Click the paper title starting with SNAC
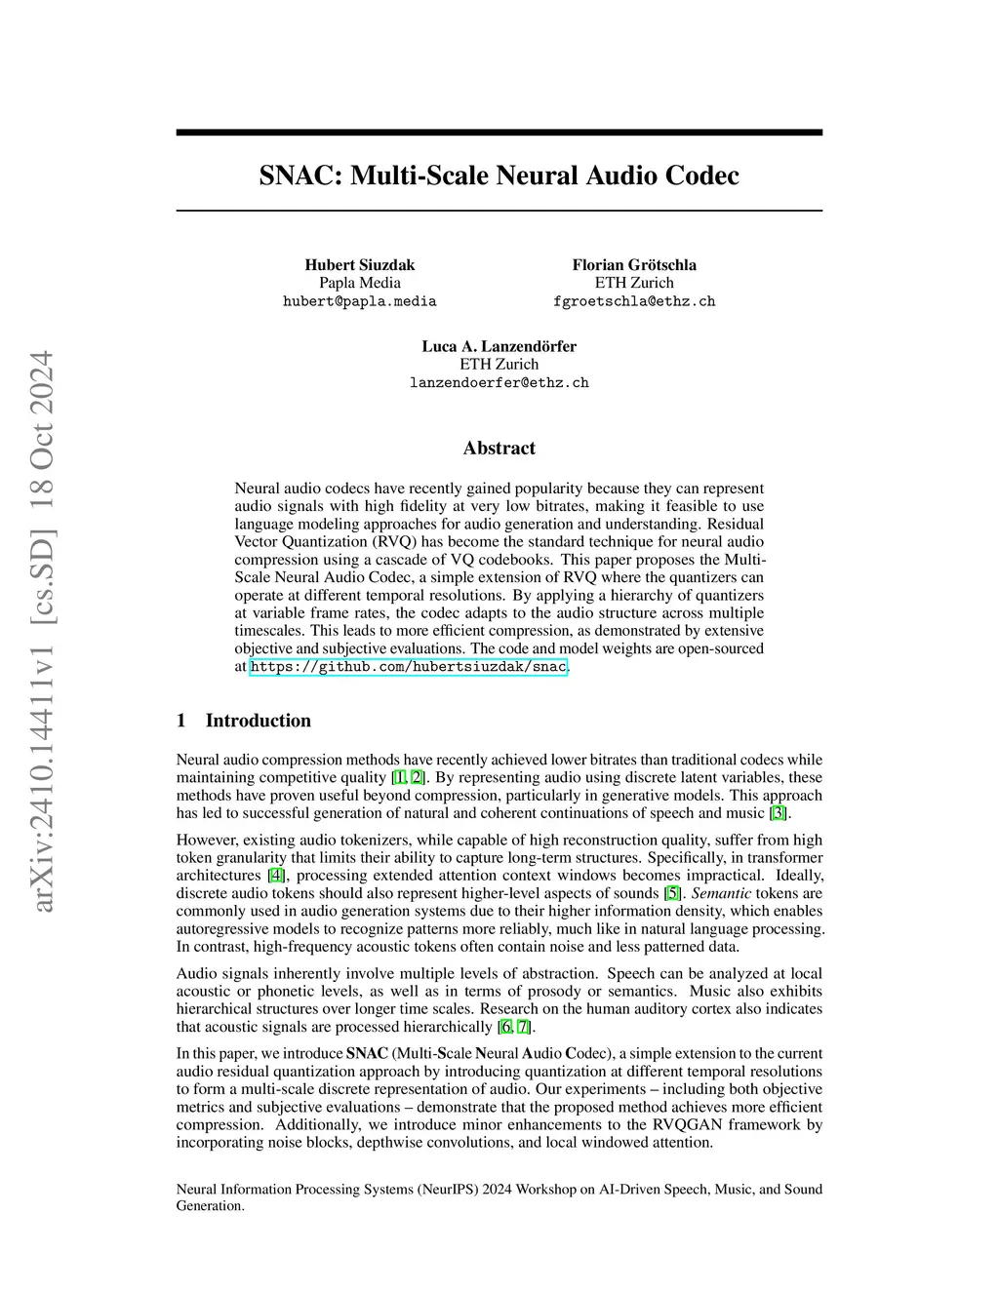pyautogui.click(x=499, y=176)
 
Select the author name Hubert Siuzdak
pyautogui.click(x=359, y=265)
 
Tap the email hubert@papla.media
pyautogui.click(x=359, y=301)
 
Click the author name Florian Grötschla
pyautogui.click(x=634, y=265)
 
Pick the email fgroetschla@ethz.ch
pyautogui.click(x=634, y=301)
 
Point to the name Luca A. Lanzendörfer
pyautogui.click(x=499, y=346)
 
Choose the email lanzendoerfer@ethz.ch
pyautogui.click(x=499, y=382)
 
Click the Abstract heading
pyautogui.click(x=499, y=449)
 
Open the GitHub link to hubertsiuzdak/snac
pyautogui.click(x=408, y=667)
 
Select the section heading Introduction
pyautogui.click(x=258, y=721)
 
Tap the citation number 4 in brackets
pyautogui.click(x=276, y=876)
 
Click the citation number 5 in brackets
pyautogui.click(x=672, y=893)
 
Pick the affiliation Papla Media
pyautogui.click(x=359, y=283)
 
